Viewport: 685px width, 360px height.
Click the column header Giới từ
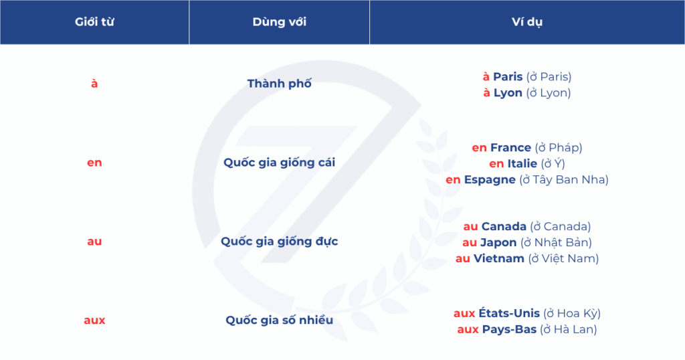click(94, 22)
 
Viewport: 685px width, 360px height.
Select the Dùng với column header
click(279, 22)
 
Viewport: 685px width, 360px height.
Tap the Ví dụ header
click(527, 22)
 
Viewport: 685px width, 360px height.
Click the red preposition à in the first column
click(94, 84)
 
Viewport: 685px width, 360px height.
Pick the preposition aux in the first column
click(94, 321)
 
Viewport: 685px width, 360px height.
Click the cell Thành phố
click(279, 84)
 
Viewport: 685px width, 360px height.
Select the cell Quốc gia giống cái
click(279, 163)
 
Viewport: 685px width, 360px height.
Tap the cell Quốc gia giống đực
click(279, 242)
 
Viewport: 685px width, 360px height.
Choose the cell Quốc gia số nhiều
click(279, 321)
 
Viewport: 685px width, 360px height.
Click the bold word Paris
click(508, 77)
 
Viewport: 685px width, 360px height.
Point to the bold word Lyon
click(508, 93)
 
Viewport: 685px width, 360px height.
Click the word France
click(510, 148)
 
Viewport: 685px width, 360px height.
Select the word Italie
click(522, 164)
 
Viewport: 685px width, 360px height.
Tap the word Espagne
click(490, 180)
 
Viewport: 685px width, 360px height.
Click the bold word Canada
click(504, 227)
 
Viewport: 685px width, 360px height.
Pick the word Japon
click(498, 243)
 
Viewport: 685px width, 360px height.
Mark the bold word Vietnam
click(499, 259)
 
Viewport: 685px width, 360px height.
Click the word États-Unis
click(509, 313)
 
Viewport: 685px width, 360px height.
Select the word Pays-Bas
click(509, 329)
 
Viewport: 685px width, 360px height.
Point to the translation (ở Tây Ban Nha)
click(564, 180)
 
